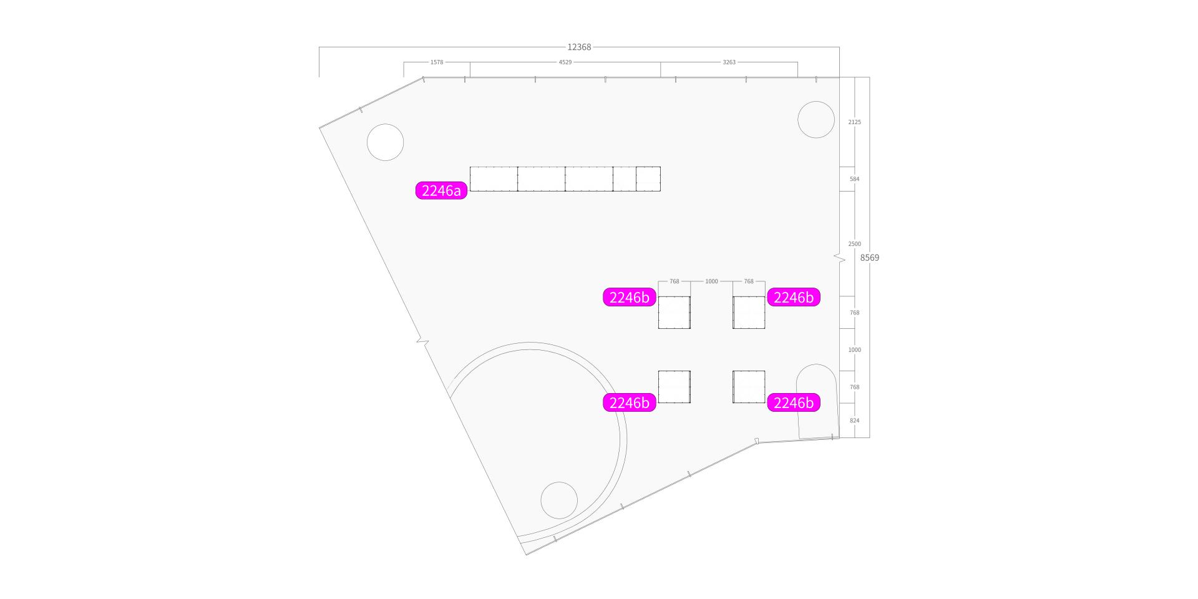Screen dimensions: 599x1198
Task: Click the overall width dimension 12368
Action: tap(579, 47)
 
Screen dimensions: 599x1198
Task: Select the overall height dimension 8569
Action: tap(869, 258)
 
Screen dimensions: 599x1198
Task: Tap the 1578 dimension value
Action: tap(437, 62)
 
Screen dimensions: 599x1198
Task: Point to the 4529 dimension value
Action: tap(565, 62)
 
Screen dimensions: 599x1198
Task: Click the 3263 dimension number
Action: tap(729, 62)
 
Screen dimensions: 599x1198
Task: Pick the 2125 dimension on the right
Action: tap(854, 122)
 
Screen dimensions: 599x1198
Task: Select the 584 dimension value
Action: tap(854, 179)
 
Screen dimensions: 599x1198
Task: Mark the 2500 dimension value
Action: tap(854, 244)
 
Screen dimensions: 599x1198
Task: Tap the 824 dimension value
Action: tap(854, 421)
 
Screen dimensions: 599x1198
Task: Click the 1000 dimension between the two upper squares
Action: tap(711, 281)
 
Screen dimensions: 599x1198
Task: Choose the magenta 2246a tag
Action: tap(442, 190)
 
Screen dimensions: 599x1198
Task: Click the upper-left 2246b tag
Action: tap(629, 298)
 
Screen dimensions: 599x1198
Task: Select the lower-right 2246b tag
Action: tap(793, 403)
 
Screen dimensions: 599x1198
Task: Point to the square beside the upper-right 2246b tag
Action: tap(749, 313)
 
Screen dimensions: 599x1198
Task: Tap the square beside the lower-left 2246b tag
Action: tap(674, 387)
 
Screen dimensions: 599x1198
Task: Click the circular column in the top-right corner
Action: tap(816, 119)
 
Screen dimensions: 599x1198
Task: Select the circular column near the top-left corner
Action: tap(385, 142)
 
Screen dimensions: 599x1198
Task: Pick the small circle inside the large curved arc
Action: tap(559, 500)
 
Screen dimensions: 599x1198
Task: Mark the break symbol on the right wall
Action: tap(839, 258)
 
